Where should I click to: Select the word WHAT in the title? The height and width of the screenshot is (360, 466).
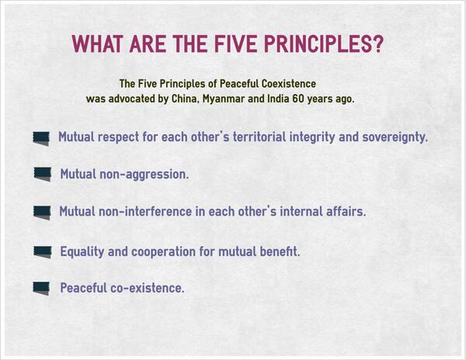(x=98, y=44)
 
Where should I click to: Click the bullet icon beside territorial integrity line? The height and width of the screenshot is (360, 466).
(x=42, y=138)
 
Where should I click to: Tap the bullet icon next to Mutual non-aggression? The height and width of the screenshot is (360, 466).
(x=43, y=173)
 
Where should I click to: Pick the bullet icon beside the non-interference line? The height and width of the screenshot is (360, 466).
(x=43, y=211)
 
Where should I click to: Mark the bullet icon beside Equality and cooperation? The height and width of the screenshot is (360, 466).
(x=43, y=251)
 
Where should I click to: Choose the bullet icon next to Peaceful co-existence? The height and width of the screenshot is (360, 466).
(x=42, y=288)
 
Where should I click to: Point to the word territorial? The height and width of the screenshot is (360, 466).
(x=242, y=137)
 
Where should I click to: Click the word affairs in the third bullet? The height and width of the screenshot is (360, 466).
(x=343, y=211)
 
